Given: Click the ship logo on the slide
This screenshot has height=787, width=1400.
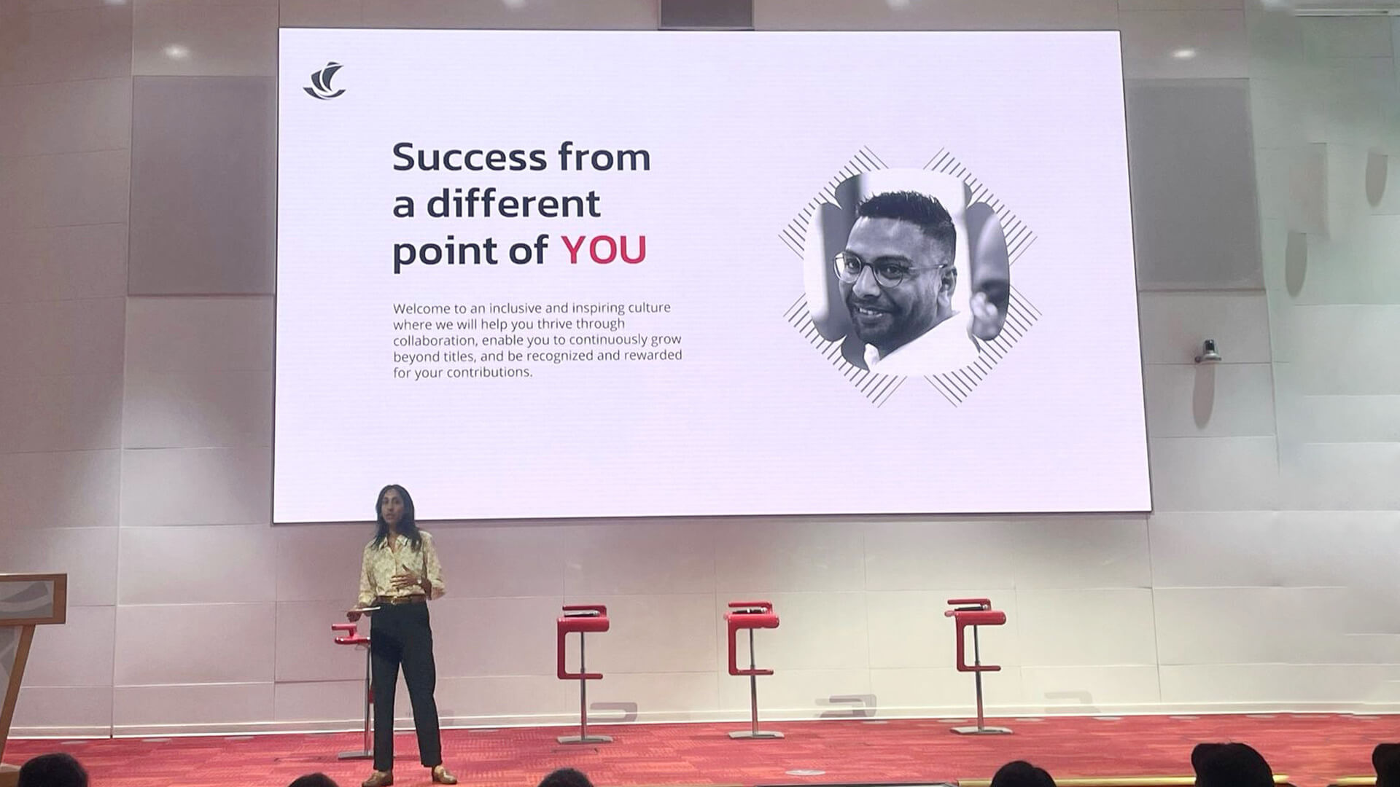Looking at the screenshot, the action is pyautogui.click(x=324, y=80).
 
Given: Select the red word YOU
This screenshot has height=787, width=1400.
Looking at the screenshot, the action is pyautogui.click(x=604, y=250).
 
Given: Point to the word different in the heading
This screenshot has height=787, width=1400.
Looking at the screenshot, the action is pyautogui.click(x=513, y=203).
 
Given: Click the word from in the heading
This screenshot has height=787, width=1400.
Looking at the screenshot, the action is pyautogui.click(x=604, y=157).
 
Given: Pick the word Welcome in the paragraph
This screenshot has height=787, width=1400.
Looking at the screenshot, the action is pyautogui.click(x=420, y=308).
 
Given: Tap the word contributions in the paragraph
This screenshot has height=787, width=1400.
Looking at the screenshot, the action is pyautogui.click(x=489, y=372).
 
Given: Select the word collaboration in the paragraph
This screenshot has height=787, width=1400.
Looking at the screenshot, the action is pyautogui.click(x=435, y=340).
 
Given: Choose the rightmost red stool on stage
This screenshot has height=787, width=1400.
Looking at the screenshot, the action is pyautogui.click(x=976, y=665).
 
